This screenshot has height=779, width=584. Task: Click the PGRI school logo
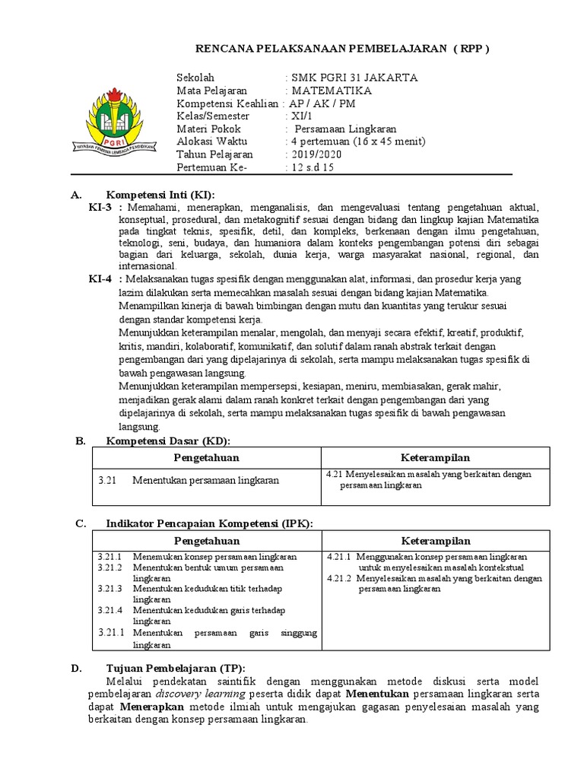[113, 121]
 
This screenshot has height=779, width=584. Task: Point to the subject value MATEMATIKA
[332, 91]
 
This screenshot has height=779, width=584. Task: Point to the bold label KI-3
[100, 208]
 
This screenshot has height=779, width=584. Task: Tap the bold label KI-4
[100, 279]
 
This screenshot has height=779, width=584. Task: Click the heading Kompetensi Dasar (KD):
[167, 441]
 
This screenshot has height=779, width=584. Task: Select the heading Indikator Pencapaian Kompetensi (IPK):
[209, 524]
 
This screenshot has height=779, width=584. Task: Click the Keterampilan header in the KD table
[435, 457]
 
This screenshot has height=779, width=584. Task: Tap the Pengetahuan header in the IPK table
[206, 540]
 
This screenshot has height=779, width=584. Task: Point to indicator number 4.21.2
[338, 578]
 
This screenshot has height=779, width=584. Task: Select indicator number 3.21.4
[110, 610]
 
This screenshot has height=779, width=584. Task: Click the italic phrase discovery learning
[200, 694]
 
